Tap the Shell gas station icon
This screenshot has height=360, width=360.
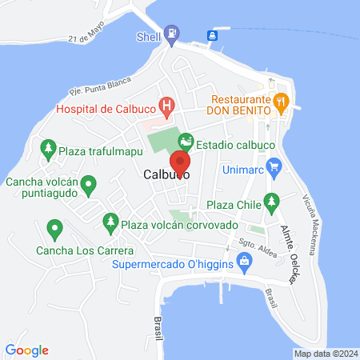pyautogui.click(x=172, y=34)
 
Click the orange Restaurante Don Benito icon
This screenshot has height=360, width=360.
pyautogui.click(x=280, y=101)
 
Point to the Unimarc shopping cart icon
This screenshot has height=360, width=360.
pyautogui.click(x=275, y=166)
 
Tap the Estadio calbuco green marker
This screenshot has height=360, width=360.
pyautogui.click(x=186, y=142)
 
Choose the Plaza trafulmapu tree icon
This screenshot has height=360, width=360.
pyautogui.click(x=49, y=148)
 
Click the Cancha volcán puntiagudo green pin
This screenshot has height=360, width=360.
pyautogui.click(x=90, y=186)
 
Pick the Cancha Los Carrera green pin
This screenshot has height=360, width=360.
pyautogui.click(x=54, y=230)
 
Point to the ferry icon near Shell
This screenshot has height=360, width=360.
pyautogui.click(x=214, y=34)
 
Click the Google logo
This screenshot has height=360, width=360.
pyautogui.click(x=27, y=350)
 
